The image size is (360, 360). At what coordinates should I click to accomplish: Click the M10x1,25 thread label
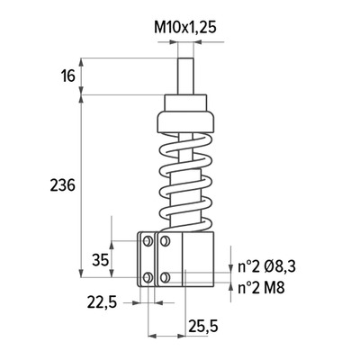point(185,28)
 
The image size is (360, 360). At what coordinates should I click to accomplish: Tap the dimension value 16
point(68,76)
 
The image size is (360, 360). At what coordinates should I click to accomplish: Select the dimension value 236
point(62,185)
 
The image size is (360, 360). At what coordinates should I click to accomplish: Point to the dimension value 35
point(100,260)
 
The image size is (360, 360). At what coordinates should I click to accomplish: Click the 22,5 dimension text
point(102,302)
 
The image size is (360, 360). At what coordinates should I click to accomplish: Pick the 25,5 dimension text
point(203,326)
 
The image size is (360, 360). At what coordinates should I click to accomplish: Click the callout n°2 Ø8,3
point(266,266)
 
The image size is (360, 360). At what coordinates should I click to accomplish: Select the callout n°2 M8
point(261,288)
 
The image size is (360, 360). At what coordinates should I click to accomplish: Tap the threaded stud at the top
point(185,76)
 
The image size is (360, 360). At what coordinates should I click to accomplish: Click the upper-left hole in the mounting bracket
point(148,240)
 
